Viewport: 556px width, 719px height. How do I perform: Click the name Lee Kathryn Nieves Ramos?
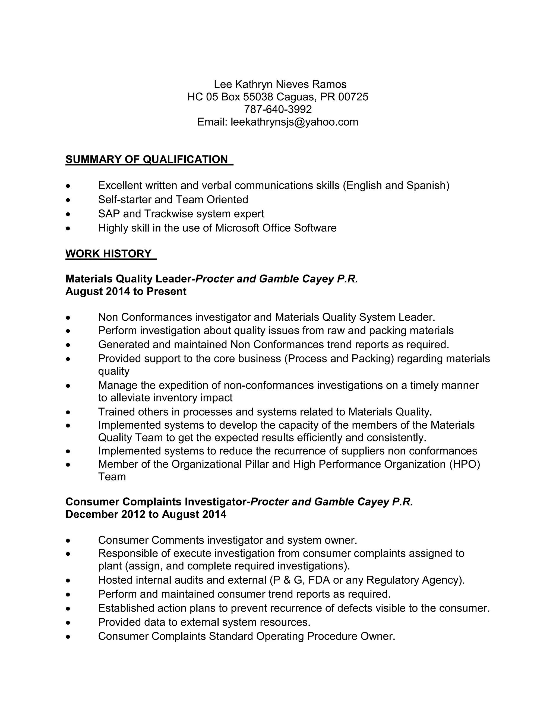[x=280, y=85]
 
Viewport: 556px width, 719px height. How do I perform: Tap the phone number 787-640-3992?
[x=278, y=109]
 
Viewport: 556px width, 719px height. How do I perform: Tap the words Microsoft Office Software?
[x=276, y=228]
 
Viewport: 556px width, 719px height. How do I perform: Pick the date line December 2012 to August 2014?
[x=146, y=514]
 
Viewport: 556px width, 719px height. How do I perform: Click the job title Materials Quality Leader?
[x=128, y=279]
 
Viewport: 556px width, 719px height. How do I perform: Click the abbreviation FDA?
[x=319, y=580]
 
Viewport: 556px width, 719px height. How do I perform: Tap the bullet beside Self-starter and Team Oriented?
[x=68, y=200]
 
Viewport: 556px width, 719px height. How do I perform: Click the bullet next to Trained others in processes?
[x=68, y=412]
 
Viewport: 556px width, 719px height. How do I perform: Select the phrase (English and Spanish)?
[x=396, y=186]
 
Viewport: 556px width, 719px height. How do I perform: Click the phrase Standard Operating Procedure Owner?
[x=302, y=636]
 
